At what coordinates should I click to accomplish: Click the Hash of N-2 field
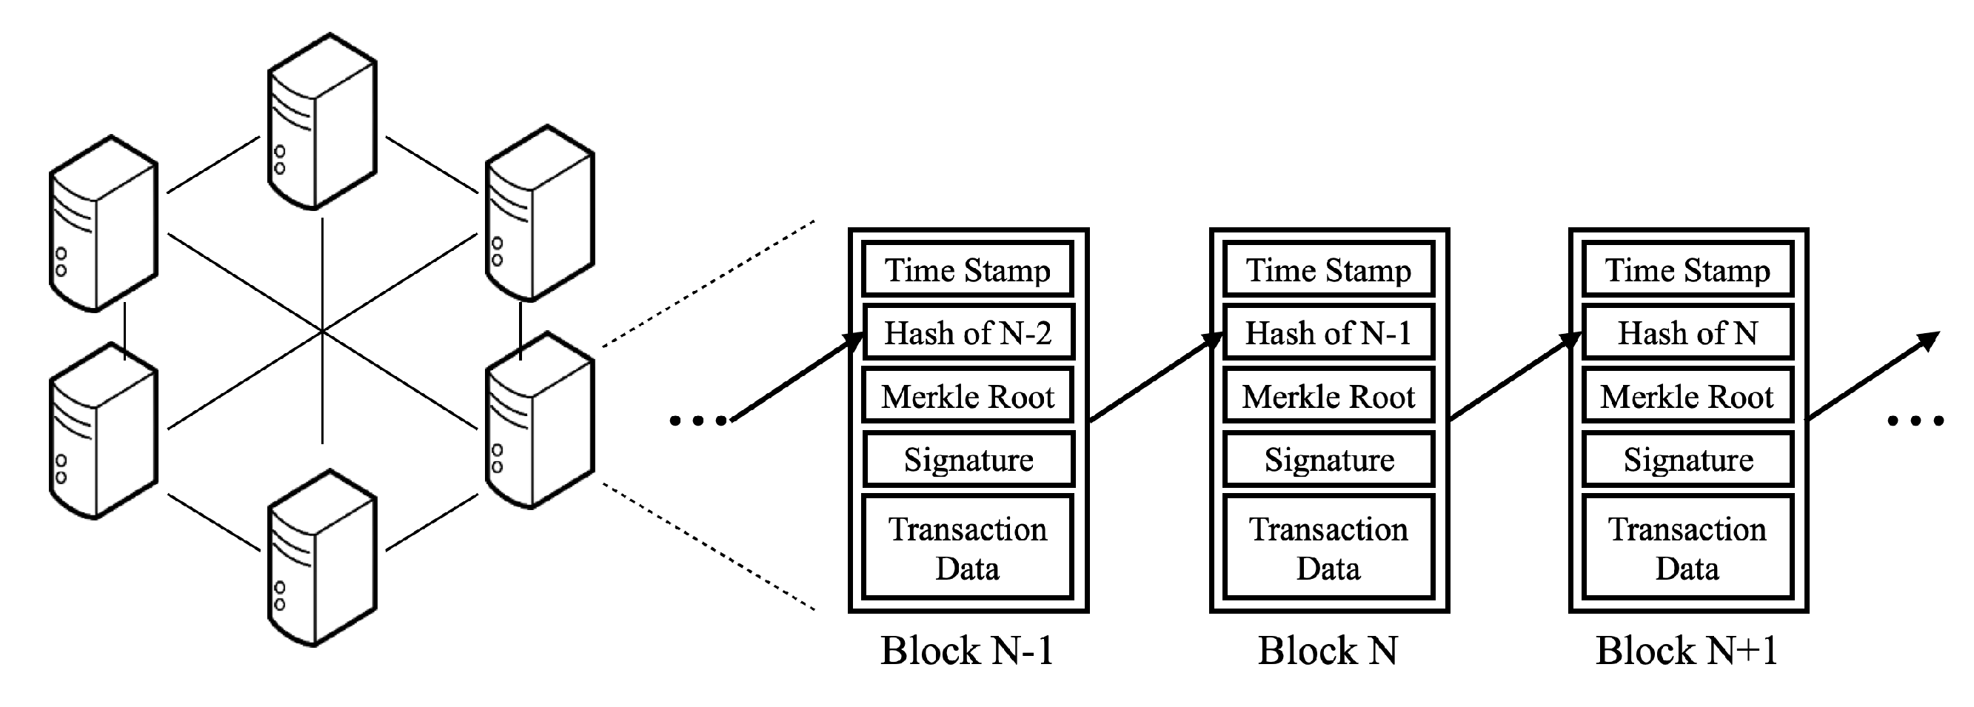coord(968,332)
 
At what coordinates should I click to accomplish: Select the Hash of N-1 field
coord(1329,332)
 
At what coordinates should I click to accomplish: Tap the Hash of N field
coord(1688,332)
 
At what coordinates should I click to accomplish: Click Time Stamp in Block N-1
coord(968,269)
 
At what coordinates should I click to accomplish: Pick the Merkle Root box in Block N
coord(1329,396)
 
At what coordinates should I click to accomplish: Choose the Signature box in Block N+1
coord(1688,460)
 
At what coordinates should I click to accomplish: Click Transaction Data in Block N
coord(1329,548)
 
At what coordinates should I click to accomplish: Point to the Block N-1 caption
coord(968,650)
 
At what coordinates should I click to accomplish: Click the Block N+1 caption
coord(1687,650)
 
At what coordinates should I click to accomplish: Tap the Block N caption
coord(1329,650)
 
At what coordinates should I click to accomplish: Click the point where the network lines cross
coord(322,332)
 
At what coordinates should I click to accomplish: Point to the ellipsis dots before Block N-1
coord(698,420)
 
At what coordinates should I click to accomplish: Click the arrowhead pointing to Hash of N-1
coord(1212,340)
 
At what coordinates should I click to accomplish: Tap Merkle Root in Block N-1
coord(968,396)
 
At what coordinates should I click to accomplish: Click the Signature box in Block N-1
coord(968,460)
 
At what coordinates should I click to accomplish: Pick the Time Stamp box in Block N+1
coord(1688,269)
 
